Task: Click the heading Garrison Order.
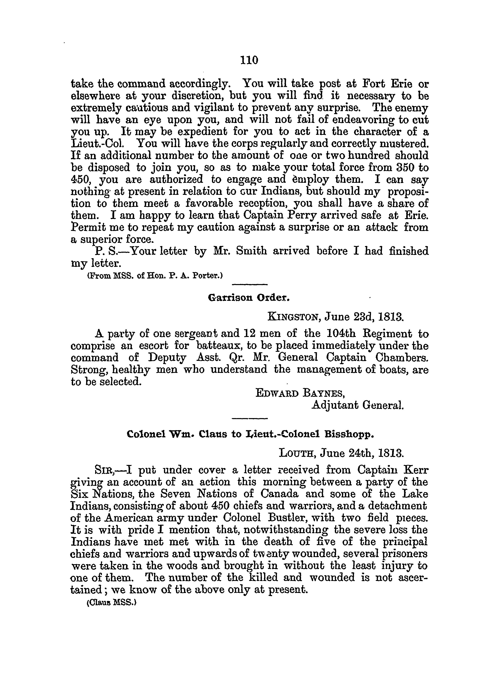(x=249, y=298)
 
